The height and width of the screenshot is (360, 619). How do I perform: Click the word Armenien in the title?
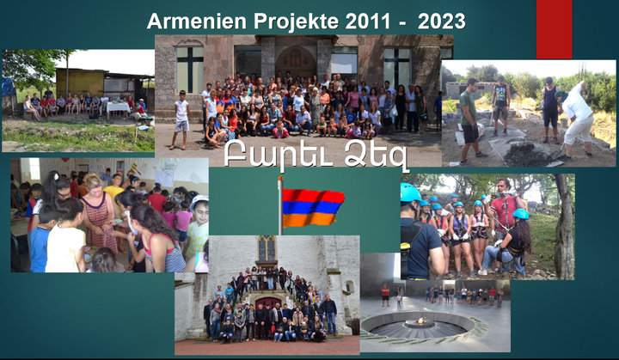tap(197, 21)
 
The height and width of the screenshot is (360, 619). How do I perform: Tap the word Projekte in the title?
tap(296, 21)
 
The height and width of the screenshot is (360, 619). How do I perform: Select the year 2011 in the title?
tap(368, 21)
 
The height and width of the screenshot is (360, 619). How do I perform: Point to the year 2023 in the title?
tap(442, 21)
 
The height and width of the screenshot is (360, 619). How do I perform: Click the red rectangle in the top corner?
tap(554, 29)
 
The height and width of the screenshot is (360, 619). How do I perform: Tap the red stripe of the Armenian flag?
tap(313, 196)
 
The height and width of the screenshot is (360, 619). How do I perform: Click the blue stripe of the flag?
tap(312, 208)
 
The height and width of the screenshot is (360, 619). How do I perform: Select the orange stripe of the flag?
tap(309, 219)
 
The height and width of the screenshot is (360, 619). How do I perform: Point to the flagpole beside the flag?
tap(280, 205)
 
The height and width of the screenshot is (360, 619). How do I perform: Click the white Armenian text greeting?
tap(316, 155)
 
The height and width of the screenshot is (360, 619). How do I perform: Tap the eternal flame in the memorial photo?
tap(420, 321)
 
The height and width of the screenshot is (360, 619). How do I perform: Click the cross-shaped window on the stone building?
tap(190, 70)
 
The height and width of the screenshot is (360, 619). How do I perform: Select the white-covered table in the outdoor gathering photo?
tap(118, 107)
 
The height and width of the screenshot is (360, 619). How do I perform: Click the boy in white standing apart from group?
tap(181, 119)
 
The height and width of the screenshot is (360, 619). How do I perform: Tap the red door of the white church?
tap(268, 303)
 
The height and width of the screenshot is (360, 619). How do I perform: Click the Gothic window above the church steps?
tap(267, 248)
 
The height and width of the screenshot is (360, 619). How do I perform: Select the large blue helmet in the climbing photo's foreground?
tap(410, 192)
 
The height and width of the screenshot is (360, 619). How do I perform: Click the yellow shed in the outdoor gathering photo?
tap(81, 82)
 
